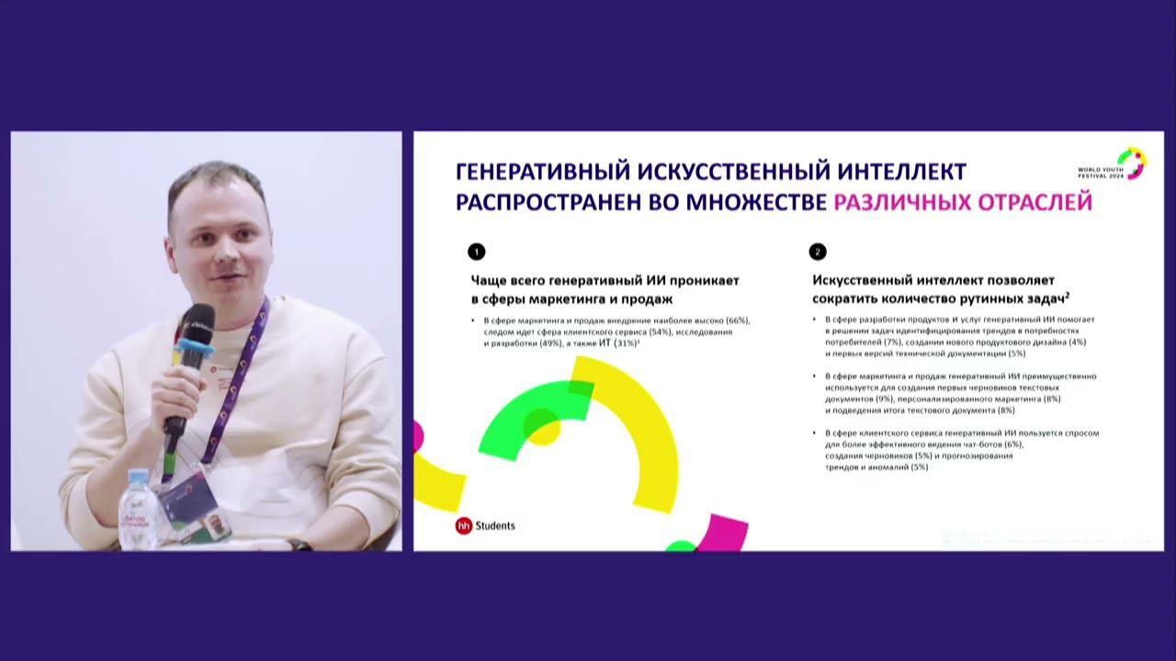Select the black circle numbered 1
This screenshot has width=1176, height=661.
click(476, 252)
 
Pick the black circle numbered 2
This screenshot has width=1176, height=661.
click(818, 252)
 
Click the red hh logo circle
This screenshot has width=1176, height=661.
click(464, 526)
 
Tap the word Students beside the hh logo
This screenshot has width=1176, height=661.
click(495, 526)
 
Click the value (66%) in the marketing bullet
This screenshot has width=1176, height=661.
click(738, 320)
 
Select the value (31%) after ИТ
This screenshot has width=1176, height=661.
click(626, 342)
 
